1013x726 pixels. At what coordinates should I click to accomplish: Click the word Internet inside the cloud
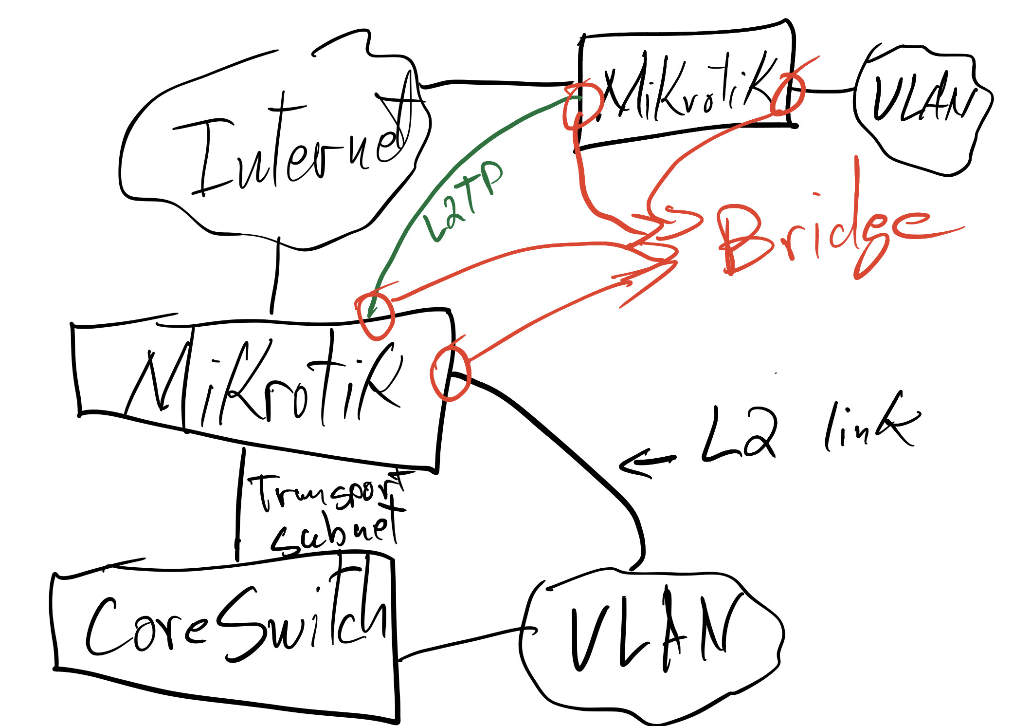click(292, 146)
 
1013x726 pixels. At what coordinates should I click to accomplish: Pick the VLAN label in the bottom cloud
click(652, 633)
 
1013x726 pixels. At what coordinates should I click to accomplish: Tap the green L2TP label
click(462, 200)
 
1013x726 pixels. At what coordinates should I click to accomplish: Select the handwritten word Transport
click(326, 492)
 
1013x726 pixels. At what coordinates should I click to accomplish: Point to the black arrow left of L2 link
click(647, 463)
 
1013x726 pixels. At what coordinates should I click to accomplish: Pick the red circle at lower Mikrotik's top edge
click(375, 316)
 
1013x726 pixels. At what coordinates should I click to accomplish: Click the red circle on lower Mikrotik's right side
click(450, 373)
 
